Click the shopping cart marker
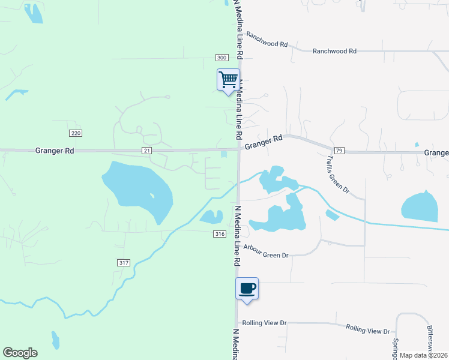pyautogui.click(x=228, y=79)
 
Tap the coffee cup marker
pyautogui.click(x=247, y=289)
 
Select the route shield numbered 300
pyautogui.click(x=221, y=57)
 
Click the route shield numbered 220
pyautogui.click(x=75, y=133)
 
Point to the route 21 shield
pyautogui.click(x=146, y=151)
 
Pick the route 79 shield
pyautogui.click(x=339, y=150)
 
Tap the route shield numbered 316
pyautogui.click(x=219, y=233)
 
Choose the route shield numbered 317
pyautogui.click(x=124, y=263)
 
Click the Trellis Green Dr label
pyautogui.click(x=338, y=175)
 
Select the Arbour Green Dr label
pyautogui.click(x=266, y=254)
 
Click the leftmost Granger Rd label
pyautogui.click(x=55, y=151)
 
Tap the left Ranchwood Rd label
pyautogui.click(x=267, y=40)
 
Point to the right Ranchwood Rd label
pyautogui.click(x=334, y=52)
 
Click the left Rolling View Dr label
pyautogui.click(x=265, y=323)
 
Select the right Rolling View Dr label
pyautogui.click(x=368, y=329)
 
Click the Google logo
pyautogui.click(x=20, y=353)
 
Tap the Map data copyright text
pyautogui.click(x=423, y=355)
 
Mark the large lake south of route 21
pyautogui.click(x=138, y=187)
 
